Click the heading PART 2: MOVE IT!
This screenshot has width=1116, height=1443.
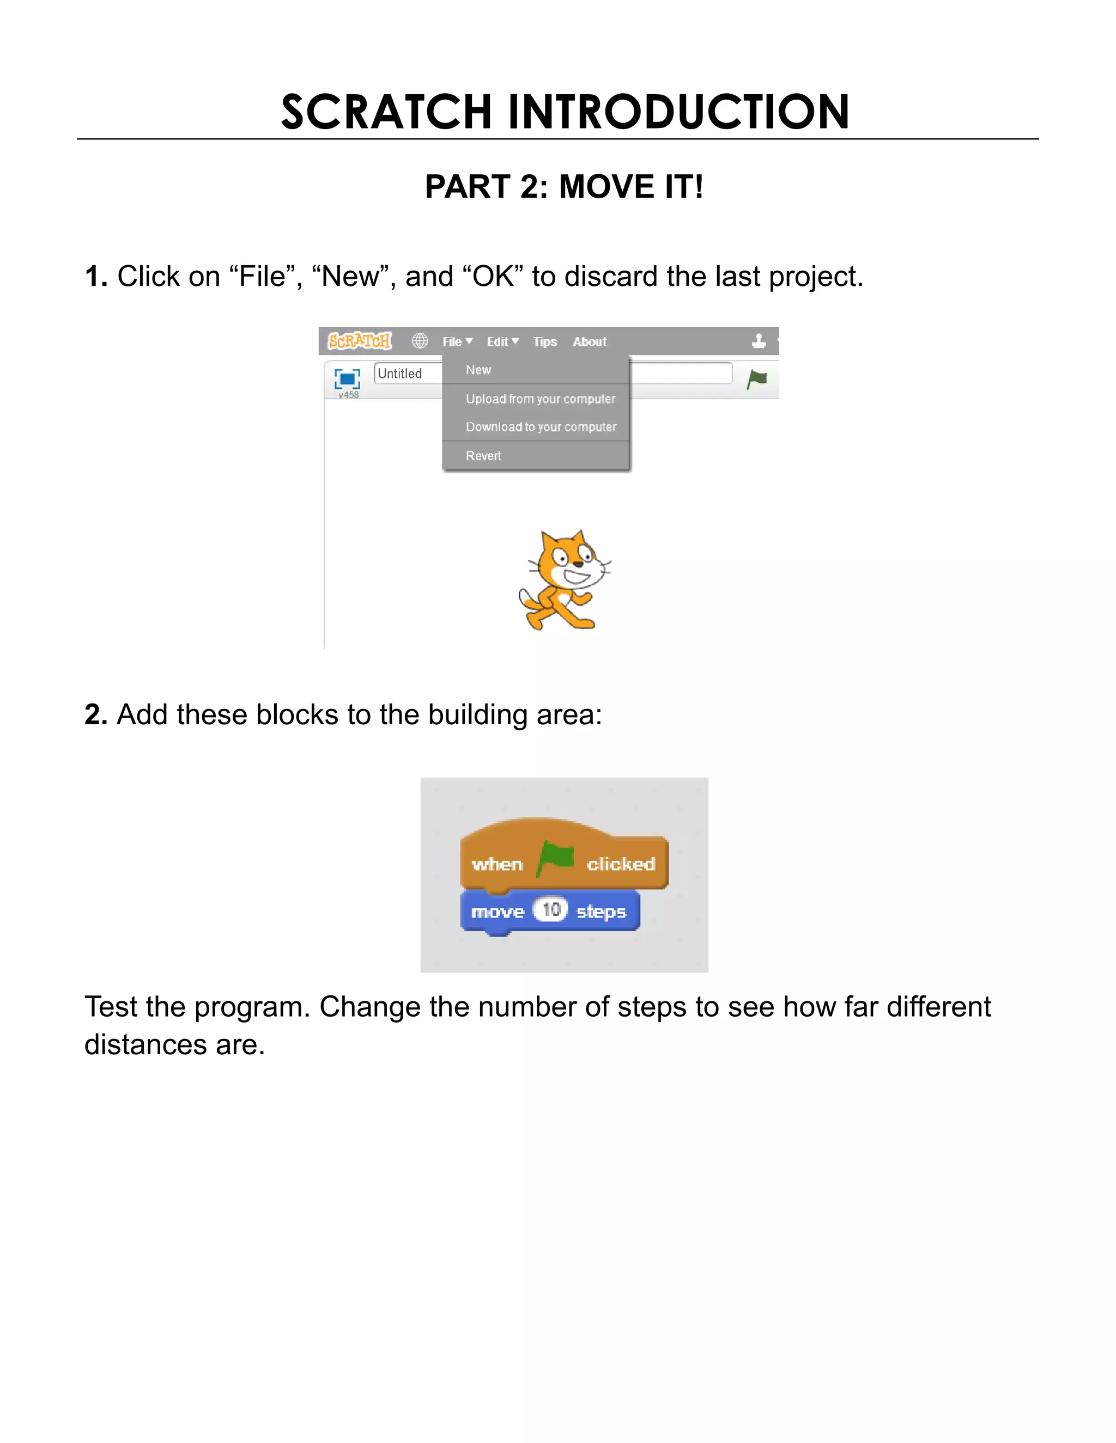coord(563,186)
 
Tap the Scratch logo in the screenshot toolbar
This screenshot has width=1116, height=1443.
coord(360,341)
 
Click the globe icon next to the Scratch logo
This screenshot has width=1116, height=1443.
coord(420,341)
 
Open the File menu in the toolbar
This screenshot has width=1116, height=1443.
coord(457,341)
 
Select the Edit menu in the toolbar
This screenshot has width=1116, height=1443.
coord(502,341)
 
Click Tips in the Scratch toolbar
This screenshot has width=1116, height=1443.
coord(545,341)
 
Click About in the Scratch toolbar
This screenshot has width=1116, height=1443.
coord(589,341)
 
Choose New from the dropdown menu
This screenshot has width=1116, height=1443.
coord(478,370)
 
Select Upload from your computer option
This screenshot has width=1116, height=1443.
coord(540,399)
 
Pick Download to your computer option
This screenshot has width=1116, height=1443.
coord(541,427)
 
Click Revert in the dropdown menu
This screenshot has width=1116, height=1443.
coord(483,456)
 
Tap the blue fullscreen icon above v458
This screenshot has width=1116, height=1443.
coord(347,378)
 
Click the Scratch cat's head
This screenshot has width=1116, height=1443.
coord(568,558)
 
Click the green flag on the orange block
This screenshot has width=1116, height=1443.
coord(555,858)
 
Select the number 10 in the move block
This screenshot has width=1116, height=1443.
coord(551,910)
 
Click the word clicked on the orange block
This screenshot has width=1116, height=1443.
coord(621,864)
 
